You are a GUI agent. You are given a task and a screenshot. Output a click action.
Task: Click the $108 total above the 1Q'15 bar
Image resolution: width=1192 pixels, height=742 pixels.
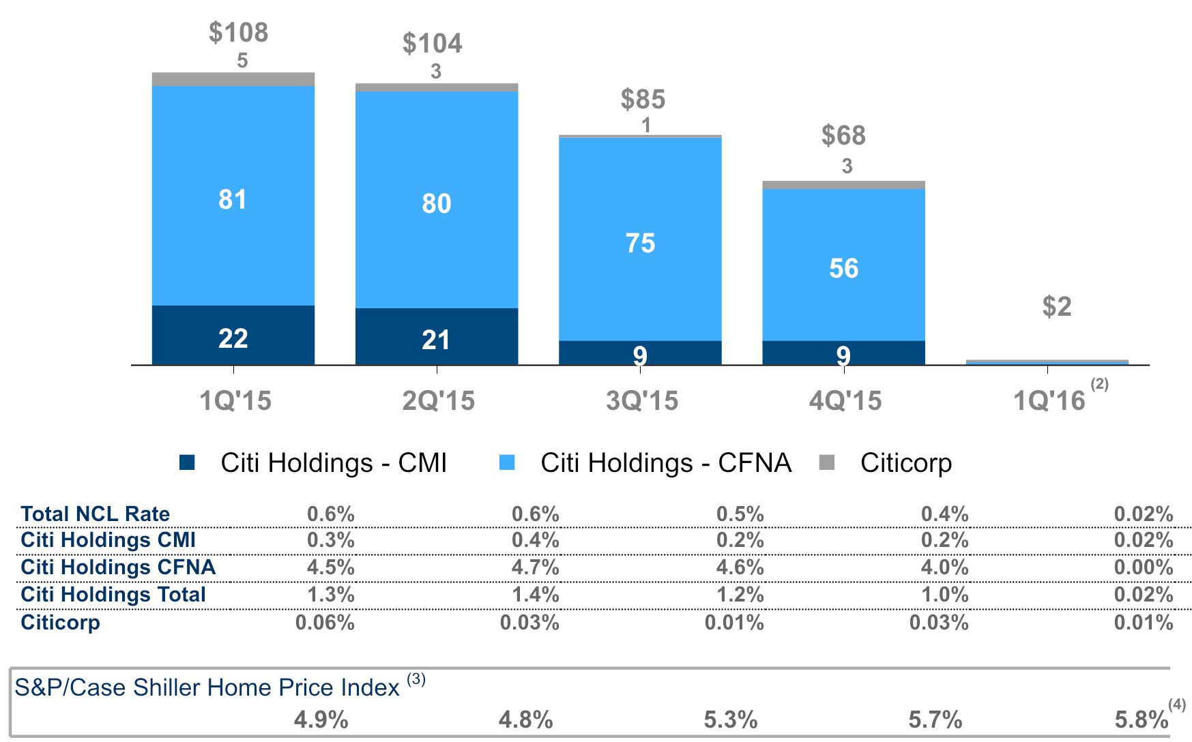[238, 33]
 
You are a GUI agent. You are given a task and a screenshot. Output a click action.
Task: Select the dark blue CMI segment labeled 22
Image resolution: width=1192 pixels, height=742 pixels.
[233, 336]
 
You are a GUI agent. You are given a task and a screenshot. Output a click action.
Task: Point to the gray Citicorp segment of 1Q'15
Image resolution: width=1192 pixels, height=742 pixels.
[233, 79]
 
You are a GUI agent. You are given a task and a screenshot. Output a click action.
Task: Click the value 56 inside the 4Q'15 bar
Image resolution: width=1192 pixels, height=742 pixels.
[843, 268]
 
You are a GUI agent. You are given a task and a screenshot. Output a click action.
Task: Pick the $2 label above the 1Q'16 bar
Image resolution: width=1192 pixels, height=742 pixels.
[1056, 307]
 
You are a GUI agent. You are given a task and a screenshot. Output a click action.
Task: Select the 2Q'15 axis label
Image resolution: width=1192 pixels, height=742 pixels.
[438, 400]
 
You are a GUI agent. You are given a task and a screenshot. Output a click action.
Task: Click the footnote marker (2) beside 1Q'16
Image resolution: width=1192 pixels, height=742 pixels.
[1099, 384]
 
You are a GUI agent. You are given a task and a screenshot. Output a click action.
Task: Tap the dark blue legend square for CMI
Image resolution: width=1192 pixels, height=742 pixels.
[187, 462]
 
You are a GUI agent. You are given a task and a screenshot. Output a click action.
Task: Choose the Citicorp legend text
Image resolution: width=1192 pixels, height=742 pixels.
[905, 462]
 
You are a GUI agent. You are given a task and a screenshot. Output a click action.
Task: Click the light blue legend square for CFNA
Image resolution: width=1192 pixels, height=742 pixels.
[507, 462]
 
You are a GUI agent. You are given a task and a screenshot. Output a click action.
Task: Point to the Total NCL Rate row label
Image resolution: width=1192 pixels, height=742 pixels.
[95, 514]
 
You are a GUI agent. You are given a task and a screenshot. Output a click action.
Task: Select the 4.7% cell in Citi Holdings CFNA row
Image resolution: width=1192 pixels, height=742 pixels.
[536, 567]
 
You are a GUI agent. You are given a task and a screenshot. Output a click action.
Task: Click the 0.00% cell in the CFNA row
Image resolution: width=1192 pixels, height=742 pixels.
[1144, 567]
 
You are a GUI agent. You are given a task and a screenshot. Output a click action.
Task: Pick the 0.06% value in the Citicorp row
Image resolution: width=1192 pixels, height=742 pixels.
[325, 623]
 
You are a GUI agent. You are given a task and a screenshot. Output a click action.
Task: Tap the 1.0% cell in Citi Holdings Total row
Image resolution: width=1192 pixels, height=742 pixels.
[945, 595]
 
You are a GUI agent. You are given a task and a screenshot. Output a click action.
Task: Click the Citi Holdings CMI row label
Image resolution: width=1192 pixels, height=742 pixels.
[108, 540]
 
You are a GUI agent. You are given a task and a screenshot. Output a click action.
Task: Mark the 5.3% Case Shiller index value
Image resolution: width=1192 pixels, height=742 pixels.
[730, 719]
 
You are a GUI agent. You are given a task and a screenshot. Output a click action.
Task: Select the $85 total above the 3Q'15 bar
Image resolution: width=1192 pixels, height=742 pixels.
[643, 100]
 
